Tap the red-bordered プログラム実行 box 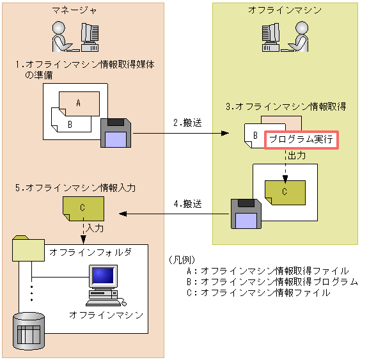301,139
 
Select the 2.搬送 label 187,123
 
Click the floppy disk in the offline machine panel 246,214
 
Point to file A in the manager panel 79,103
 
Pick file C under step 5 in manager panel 83,208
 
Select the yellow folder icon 28,249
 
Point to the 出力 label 297,155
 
